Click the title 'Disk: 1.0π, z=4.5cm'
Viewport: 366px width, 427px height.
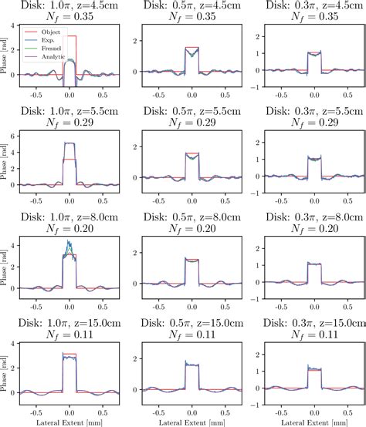click(x=67, y=6)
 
